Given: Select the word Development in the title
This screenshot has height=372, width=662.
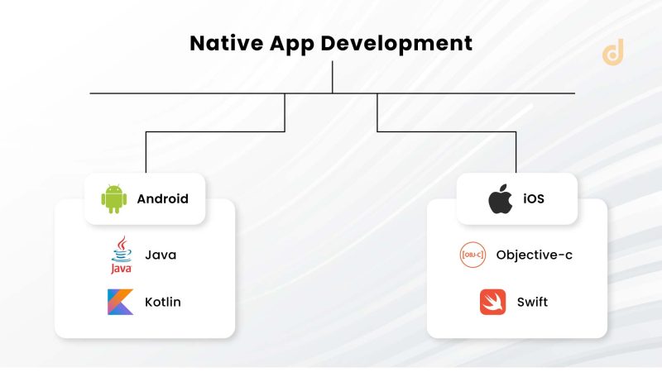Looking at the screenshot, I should click(397, 43).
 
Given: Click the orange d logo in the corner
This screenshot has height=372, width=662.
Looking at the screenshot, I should click(613, 51).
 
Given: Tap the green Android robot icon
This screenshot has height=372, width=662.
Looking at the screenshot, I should click(114, 199).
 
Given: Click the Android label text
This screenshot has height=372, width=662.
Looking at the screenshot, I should click(162, 199).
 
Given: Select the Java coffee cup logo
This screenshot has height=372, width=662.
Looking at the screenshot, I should click(121, 255).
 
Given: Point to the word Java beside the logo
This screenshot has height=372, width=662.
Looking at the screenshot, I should click(161, 255).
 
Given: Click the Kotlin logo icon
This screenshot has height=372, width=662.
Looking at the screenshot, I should click(121, 302).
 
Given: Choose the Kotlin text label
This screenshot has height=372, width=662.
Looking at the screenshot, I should click(163, 302).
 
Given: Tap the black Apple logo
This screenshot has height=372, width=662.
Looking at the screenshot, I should click(500, 199).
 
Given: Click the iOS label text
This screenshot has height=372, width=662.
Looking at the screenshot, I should click(535, 199).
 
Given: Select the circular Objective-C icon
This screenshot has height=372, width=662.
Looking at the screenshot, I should click(473, 255).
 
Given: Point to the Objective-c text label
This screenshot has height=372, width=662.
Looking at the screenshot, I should click(534, 255).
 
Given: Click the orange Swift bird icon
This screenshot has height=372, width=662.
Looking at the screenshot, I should click(492, 302).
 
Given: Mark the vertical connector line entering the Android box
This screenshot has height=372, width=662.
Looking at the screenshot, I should click(146, 153).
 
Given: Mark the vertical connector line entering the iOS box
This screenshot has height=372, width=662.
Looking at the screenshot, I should click(516, 153).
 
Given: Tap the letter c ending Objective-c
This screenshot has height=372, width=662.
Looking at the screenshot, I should click(568, 255).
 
